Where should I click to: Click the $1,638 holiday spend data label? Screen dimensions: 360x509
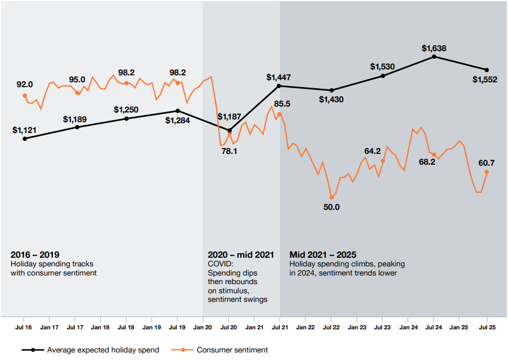pyautogui.click(x=434, y=48)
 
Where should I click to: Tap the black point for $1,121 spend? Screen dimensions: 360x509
pyautogui.click(x=25, y=138)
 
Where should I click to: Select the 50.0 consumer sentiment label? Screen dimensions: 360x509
pyautogui.click(x=331, y=207)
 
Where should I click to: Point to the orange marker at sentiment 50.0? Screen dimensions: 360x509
pyautogui.click(x=331, y=197)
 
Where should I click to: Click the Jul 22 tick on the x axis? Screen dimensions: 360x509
pyautogui.click(x=331, y=327)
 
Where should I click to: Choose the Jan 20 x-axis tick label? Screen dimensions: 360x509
pyautogui.click(x=203, y=327)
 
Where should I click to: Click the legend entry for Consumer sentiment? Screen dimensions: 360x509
pyautogui.click(x=232, y=350)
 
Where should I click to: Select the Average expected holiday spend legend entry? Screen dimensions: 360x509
pyautogui.click(x=103, y=350)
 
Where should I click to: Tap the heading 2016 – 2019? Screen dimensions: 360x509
pyautogui.click(x=35, y=255)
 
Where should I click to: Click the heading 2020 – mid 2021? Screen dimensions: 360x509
pyautogui.click(x=241, y=255)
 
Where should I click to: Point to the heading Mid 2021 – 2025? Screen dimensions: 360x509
pyautogui.click(x=323, y=255)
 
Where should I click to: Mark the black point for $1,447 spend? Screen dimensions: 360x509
pyautogui.click(x=279, y=86)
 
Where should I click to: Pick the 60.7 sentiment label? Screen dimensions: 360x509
pyautogui.click(x=487, y=163)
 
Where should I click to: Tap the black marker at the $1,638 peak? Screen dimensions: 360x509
pyautogui.click(x=434, y=57)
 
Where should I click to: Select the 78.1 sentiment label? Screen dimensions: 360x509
pyautogui.click(x=229, y=151)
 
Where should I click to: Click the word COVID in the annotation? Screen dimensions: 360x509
pyautogui.click(x=220, y=264)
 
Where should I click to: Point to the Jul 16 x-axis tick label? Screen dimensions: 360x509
pyautogui.click(x=25, y=327)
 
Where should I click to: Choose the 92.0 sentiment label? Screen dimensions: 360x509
pyautogui.click(x=25, y=84)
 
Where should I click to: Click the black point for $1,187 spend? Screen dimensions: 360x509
pyautogui.click(x=230, y=130)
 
